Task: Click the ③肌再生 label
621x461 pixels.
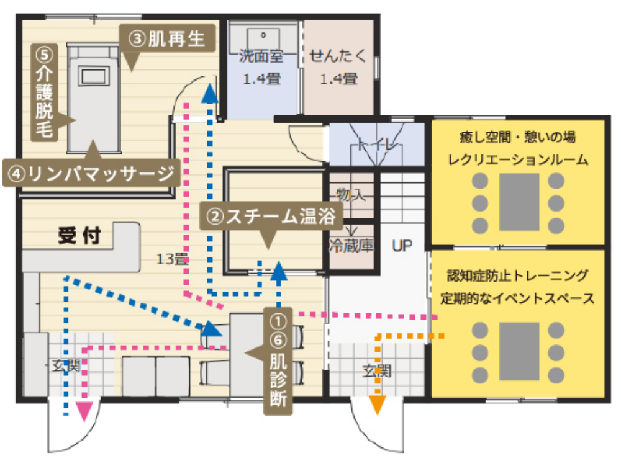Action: [x=167, y=39]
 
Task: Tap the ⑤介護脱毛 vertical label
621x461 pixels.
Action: [x=45, y=92]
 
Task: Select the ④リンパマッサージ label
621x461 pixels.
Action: [x=91, y=173]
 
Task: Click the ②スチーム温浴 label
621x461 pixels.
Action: [x=271, y=216]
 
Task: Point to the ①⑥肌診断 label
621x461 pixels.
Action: [x=278, y=361]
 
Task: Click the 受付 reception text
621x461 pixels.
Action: [x=79, y=236]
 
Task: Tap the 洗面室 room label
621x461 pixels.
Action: [x=261, y=56]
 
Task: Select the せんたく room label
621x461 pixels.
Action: [x=338, y=56]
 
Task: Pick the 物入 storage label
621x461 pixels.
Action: [x=350, y=194]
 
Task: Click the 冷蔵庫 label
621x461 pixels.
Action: [x=351, y=246]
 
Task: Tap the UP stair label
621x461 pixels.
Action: [x=402, y=246]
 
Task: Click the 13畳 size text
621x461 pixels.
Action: [x=172, y=259]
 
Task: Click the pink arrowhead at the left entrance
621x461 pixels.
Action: [x=84, y=411]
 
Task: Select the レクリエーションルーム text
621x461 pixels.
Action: [x=518, y=160]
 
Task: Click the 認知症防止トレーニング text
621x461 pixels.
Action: [x=518, y=275]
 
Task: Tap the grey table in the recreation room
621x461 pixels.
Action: [x=519, y=202]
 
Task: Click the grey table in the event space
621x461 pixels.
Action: [x=519, y=351]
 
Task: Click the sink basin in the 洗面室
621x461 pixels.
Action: [x=263, y=39]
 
